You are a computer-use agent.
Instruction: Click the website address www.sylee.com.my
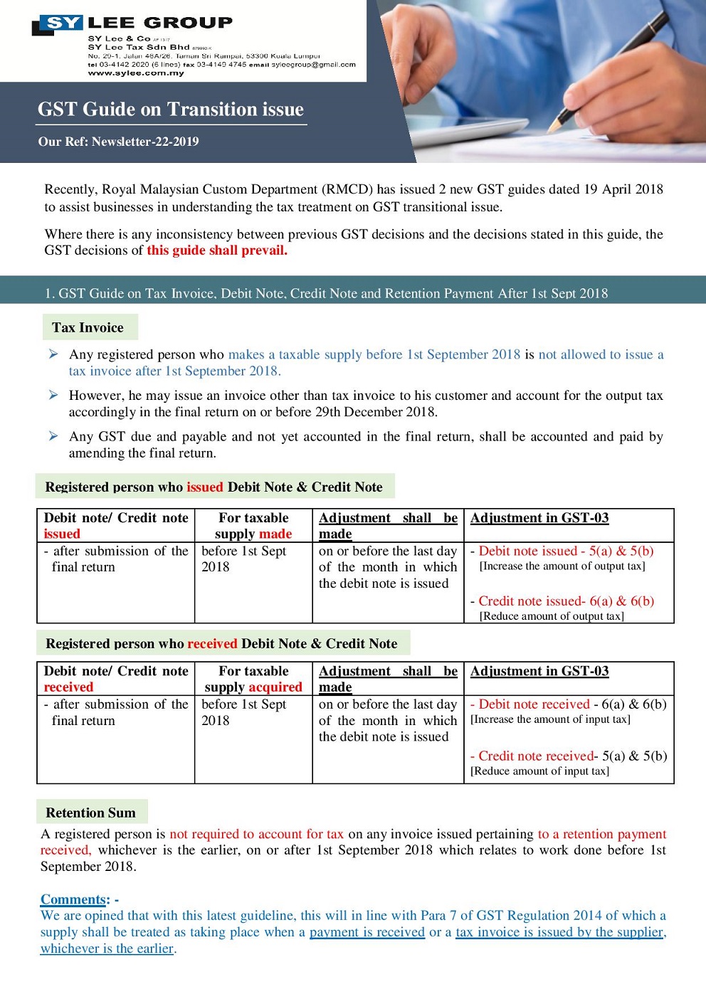(136, 73)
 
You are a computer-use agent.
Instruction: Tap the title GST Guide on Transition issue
(171, 110)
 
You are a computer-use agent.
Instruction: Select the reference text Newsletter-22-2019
(145, 142)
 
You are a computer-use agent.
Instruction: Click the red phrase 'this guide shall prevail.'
(217, 250)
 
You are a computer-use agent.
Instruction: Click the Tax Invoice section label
(88, 328)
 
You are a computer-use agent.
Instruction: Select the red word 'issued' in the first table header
(62, 534)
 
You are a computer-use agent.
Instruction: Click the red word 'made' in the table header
(275, 534)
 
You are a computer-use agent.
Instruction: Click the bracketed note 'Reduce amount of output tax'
(552, 616)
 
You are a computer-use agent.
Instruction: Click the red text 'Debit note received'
(534, 704)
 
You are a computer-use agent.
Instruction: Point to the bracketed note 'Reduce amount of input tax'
(539, 771)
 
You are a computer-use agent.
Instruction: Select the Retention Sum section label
(90, 813)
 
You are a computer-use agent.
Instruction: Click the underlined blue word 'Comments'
(73, 899)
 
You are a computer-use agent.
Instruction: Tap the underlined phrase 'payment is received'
(367, 932)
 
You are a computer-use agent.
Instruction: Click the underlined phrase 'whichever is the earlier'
(107, 948)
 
